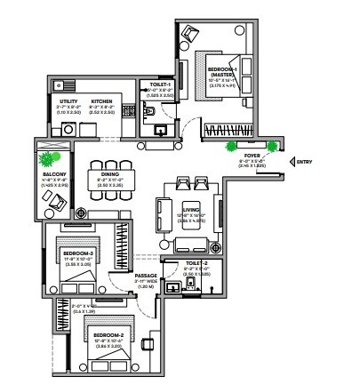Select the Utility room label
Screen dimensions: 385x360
coord(68,101)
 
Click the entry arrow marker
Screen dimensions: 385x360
coord(290,161)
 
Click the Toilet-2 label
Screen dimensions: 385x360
coord(196,264)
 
